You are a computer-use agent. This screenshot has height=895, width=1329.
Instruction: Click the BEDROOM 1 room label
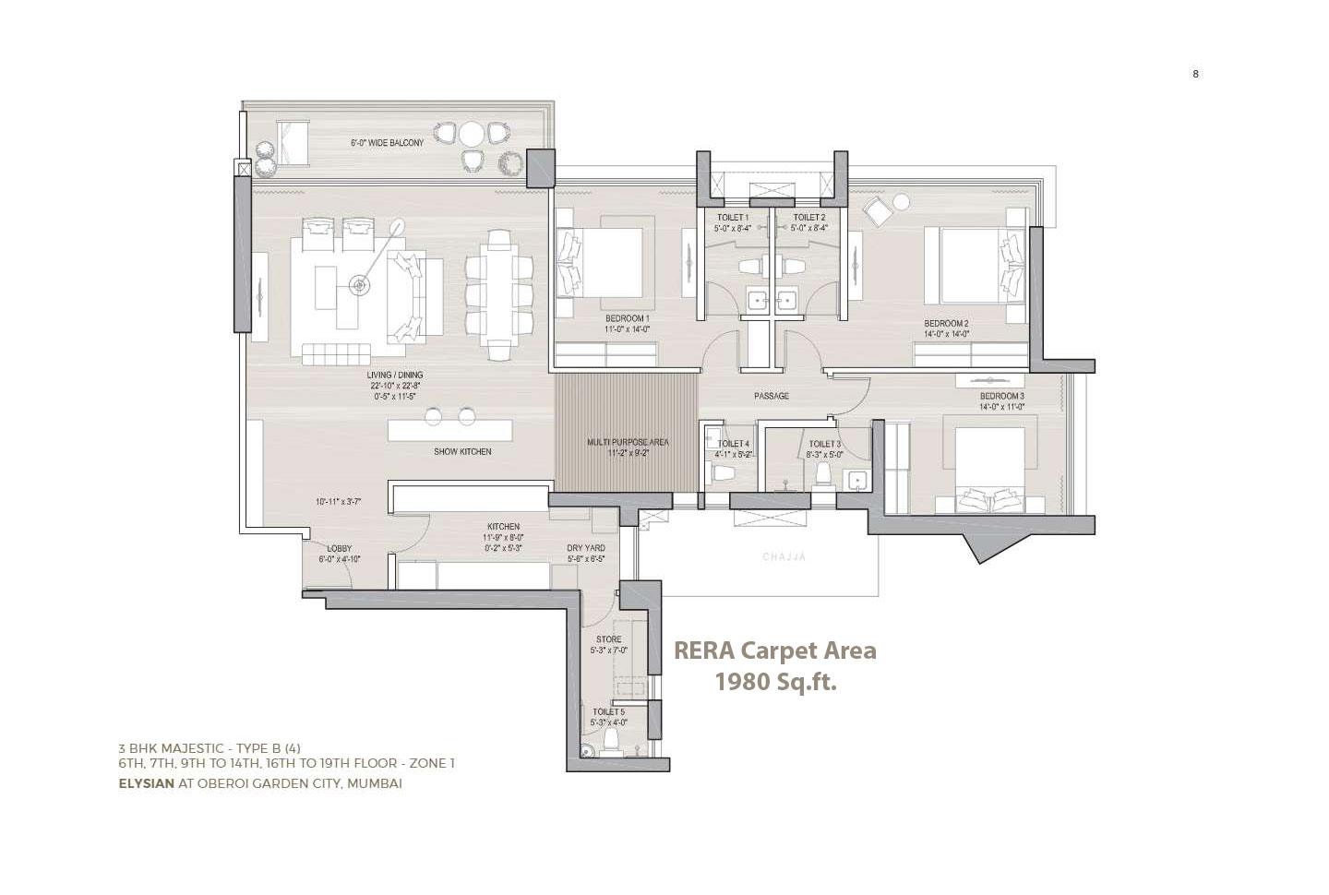click(x=627, y=318)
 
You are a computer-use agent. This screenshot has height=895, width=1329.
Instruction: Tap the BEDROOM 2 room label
click(x=946, y=324)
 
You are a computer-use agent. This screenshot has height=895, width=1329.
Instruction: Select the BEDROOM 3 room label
click(x=1001, y=396)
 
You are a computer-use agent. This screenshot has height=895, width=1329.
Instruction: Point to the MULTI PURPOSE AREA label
click(x=628, y=443)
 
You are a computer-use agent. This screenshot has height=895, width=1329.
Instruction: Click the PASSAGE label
click(x=771, y=396)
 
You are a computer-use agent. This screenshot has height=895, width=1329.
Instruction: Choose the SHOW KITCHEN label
click(x=462, y=452)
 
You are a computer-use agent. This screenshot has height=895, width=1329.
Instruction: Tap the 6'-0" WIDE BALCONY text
click(x=387, y=143)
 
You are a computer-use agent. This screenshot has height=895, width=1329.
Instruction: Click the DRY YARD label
click(x=585, y=548)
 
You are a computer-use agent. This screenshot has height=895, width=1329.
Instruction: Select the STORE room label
click(x=608, y=639)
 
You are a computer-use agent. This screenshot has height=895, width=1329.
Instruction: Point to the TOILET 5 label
click(x=608, y=712)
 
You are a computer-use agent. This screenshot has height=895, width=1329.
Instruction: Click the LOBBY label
click(x=339, y=549)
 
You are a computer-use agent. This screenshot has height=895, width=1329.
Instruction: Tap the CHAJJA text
click(x=784, y=557)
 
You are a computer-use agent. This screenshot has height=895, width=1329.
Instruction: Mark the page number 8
click(x=1195, y=74)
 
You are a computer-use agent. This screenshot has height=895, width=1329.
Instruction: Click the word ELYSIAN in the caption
click(x=146, y=783)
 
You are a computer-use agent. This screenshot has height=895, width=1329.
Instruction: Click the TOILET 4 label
click(x=733, y=444)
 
